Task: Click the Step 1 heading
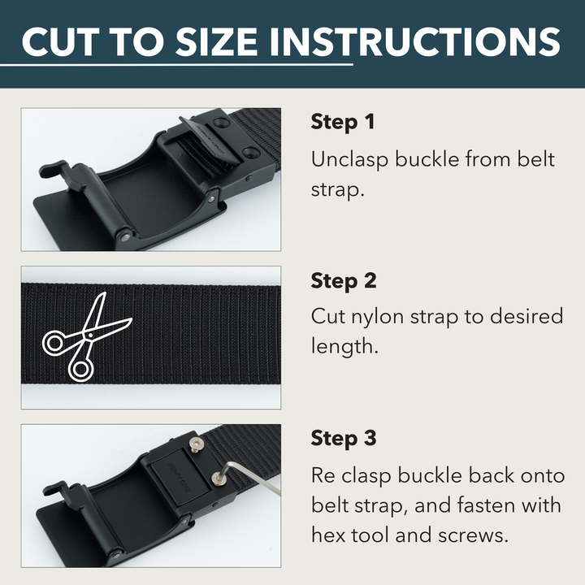click(x=343, y=123)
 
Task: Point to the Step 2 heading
click(x=344, y=281)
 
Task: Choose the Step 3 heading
click(x=344, y=439)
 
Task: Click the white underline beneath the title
click(x=187, y=64)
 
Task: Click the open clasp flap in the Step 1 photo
click(x=206, y=138)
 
